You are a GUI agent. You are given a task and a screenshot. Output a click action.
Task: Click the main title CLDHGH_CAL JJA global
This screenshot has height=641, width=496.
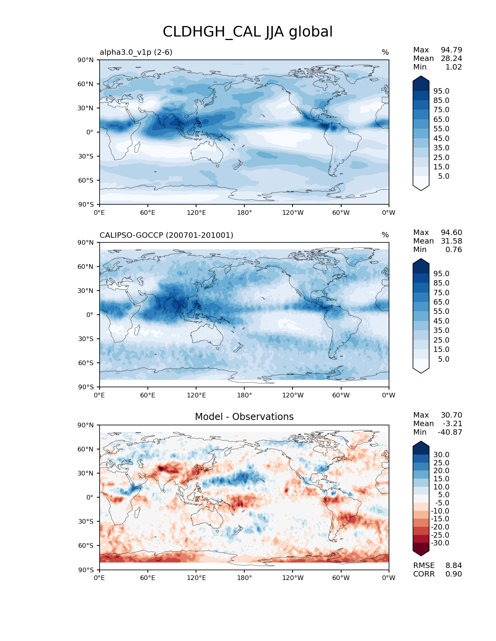pos(247,32)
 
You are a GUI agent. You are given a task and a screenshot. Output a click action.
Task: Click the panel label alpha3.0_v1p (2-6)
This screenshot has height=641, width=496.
pos(136,52)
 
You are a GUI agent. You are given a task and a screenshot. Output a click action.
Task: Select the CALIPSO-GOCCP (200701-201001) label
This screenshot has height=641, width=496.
pos(166,235)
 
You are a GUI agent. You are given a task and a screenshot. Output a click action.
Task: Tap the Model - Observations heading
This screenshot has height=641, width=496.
pos(244,417)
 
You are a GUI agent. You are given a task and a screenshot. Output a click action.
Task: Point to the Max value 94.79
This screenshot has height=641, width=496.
pos(451,50)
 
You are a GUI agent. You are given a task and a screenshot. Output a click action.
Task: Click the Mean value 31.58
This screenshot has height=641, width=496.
pos(451,241)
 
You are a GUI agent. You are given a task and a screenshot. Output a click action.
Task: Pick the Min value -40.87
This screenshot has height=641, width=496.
pos(450,432)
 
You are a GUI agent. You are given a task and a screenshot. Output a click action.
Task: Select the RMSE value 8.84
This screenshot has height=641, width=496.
pos(454,565)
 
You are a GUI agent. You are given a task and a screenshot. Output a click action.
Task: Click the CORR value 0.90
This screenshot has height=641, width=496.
pos(454,574)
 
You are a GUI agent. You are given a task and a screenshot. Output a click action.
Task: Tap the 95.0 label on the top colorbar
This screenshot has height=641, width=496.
pos(441,91)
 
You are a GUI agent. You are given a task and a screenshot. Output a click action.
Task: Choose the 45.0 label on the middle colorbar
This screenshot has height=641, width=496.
pos(441,321)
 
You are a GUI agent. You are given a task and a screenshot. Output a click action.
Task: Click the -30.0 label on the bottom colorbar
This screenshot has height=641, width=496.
pos(440,543)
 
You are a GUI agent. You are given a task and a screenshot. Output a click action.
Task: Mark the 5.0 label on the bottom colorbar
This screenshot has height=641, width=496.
pos(443,495)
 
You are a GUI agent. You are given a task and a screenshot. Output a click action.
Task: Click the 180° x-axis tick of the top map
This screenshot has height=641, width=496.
pos(244,213)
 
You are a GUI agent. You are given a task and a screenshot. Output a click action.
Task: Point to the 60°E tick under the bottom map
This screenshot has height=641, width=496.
pos(148,578)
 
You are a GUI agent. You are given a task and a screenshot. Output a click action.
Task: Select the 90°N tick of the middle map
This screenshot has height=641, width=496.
pos(86,242)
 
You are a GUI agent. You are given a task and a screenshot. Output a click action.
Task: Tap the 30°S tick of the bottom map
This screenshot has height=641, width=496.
pos(86,521)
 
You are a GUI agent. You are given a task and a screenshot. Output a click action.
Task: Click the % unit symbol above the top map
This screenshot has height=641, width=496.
pos(385,52)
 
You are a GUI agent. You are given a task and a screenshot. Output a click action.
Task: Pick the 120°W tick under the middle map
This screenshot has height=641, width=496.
pos(293,395)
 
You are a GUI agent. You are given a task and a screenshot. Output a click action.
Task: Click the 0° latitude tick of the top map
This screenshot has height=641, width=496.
pos(90,132)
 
